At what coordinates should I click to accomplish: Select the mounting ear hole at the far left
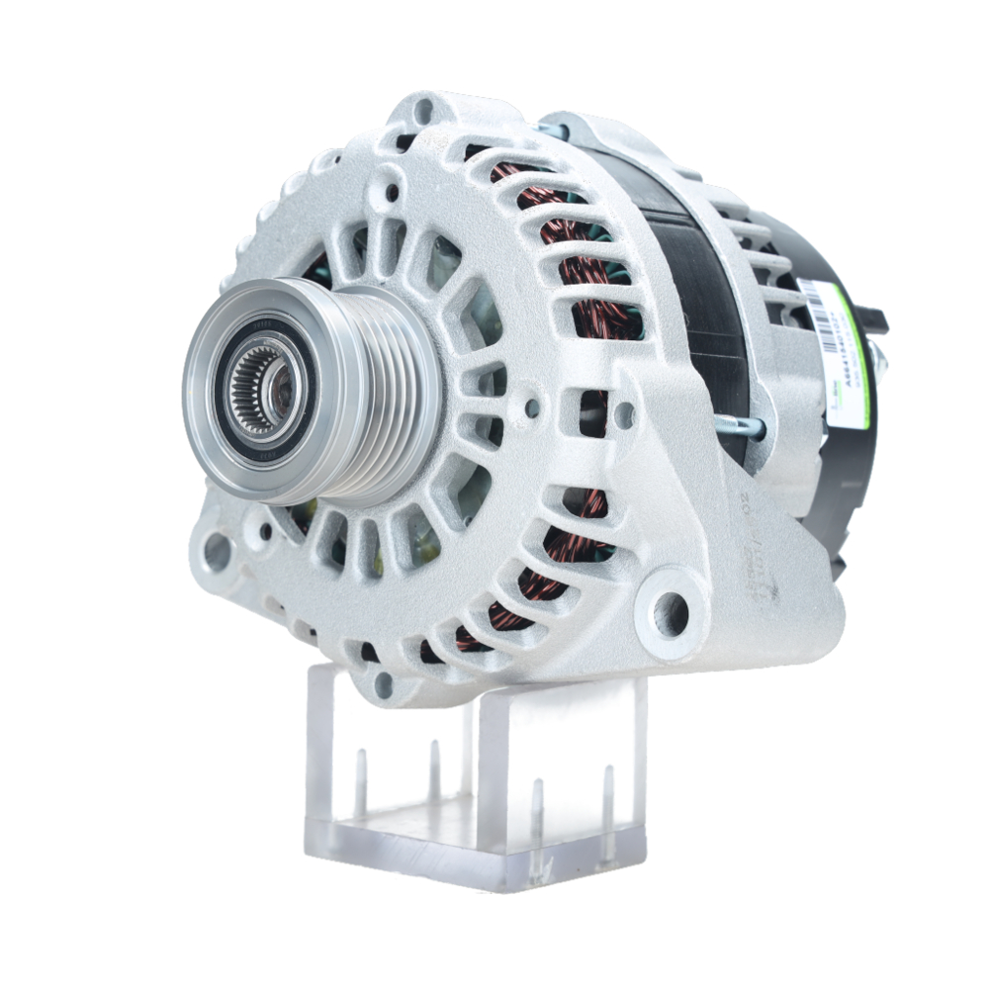tap(216, 553)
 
